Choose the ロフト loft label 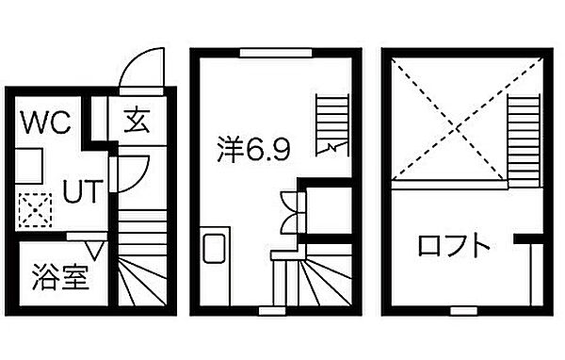455,247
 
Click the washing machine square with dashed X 35,210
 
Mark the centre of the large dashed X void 449,120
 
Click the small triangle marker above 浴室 94,248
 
